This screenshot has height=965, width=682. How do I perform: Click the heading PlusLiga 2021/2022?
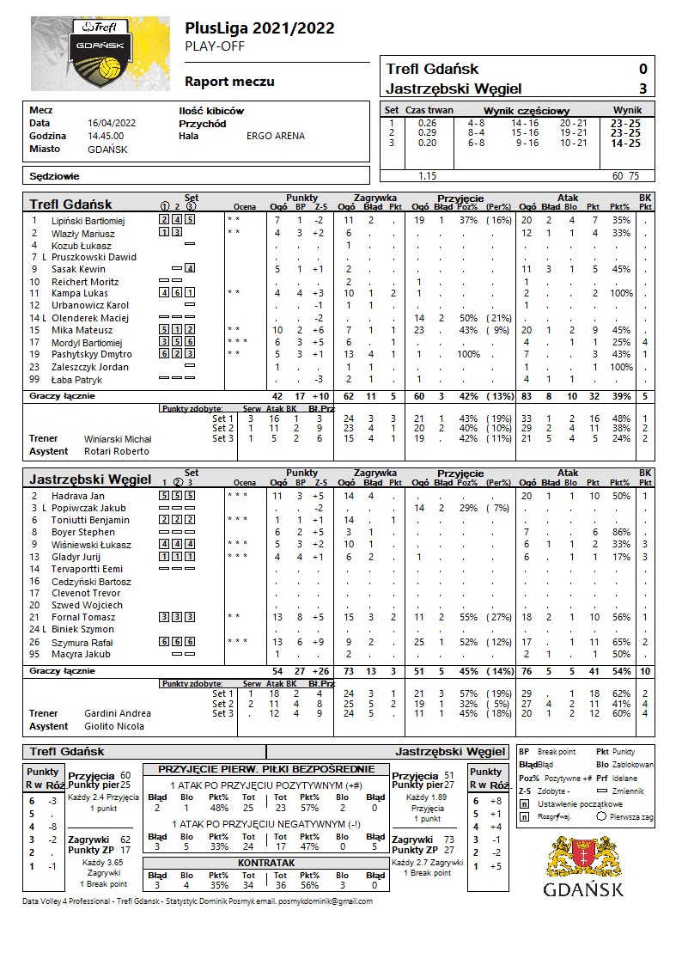259,29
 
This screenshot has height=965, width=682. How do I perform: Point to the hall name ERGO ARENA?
276,136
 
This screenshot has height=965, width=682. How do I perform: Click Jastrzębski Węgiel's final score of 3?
642,89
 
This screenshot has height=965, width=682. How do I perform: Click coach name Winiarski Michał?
118,439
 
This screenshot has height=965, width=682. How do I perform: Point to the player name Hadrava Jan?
78,496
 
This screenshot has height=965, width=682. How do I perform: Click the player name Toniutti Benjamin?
90,520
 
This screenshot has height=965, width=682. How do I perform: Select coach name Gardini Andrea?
118,713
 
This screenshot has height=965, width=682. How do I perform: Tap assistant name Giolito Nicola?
113,726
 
